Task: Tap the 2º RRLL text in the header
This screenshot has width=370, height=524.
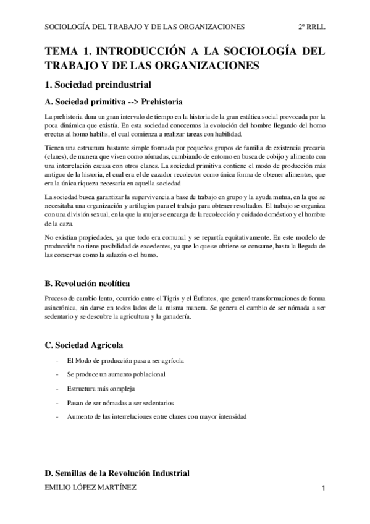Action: pyautogui.click(x=311, y=27)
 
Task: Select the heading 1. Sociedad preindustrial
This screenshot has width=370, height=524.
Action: pyautogui.click(x=98, y=84)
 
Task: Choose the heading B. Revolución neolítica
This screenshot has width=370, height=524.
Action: pyautogui.click(x=87, y=284)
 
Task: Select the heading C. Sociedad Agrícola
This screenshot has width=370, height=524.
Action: pyautogui.click(x=85, y=344)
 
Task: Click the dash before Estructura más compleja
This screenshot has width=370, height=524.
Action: pyautogui.click(x=57, y=389)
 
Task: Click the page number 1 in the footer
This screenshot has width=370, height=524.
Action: pyautogui.click(x=323, y=488)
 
